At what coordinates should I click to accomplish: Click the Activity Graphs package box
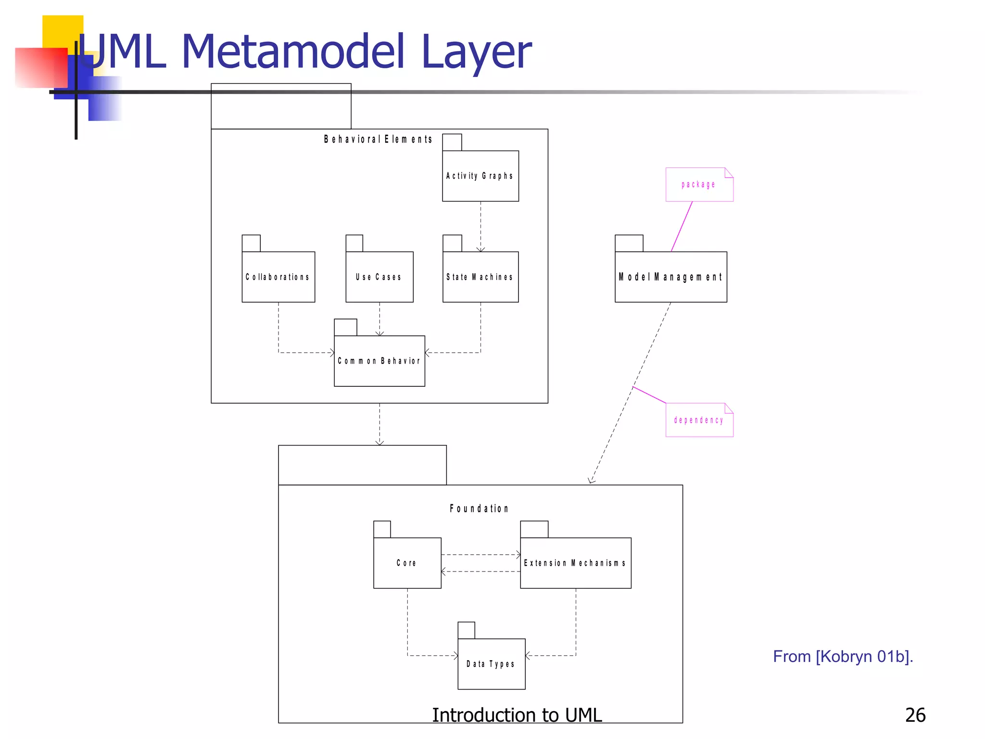click(x=480, y=176)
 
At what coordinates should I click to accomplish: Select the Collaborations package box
click(x=278, y=277)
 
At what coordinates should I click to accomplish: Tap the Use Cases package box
click(x=379, y=277)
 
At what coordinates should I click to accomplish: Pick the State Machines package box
click(x=480, y=277)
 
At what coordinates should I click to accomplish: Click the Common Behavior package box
click(x=379, y=361)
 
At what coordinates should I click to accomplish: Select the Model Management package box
click(x=670, y=277)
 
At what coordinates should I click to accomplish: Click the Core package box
click(x=407, y=562)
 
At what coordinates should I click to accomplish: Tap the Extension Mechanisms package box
click(x=575, y=562)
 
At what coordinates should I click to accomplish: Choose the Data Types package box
click(x=491, y=663)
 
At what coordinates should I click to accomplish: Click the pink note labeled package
click(x=699, y=184)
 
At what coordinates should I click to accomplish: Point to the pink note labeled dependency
click(x=699, y=420)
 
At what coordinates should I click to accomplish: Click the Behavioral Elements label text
click(x=378, y=140)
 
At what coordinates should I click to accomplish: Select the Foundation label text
click(x=479, y=509)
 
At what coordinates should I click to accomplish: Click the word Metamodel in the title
click(x=293, y=51)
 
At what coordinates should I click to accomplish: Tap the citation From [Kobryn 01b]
click(x=843, y=656)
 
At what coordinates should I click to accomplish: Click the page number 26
click(x=915, y=715)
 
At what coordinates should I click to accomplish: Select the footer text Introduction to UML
click(x=517, y=715)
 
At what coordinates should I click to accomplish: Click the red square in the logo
click(x=40, y=67)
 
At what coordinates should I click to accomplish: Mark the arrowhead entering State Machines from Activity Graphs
click(x=480, y=249)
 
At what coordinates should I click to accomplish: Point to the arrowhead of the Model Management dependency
click(x=592, y=481)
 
